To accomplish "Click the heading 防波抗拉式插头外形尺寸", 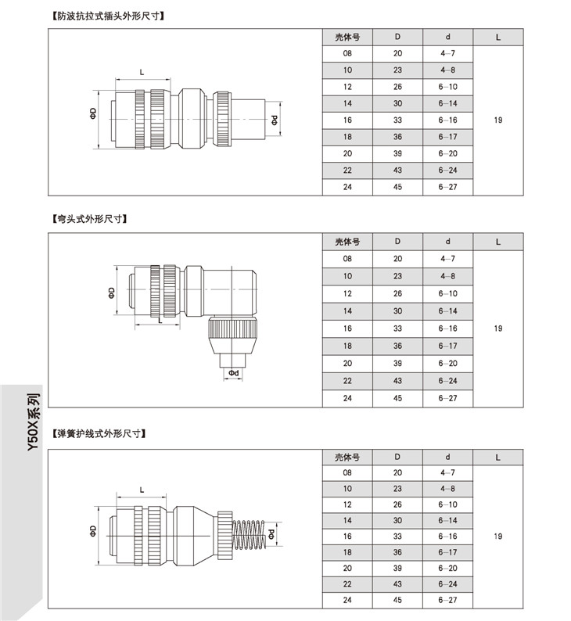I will point(110,15).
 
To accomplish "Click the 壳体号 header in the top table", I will point(347,37).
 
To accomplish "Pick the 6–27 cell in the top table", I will point(448,188).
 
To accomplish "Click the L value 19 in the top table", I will point(498,120).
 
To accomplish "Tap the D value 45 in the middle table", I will point(397,398).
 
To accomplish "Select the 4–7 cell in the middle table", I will point(448,258).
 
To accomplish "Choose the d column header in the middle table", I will point(448,241).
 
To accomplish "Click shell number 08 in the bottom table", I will point(347,473).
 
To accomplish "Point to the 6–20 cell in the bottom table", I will point(448,569).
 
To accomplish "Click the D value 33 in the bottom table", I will point(397,537).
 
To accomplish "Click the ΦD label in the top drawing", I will point(92,114).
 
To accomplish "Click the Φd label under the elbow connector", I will point(234,373).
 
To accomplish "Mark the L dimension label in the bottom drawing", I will point(142,490).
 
